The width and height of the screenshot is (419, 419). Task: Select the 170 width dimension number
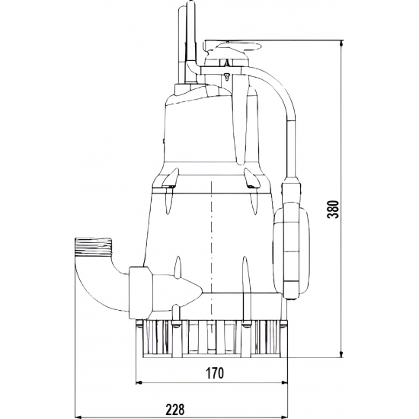tap(214, 373)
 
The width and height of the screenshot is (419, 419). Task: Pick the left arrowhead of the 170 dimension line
tap(138, 382)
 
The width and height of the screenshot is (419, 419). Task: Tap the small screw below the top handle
tap(226, 77)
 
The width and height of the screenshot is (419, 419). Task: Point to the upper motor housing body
tap(206, 130)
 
